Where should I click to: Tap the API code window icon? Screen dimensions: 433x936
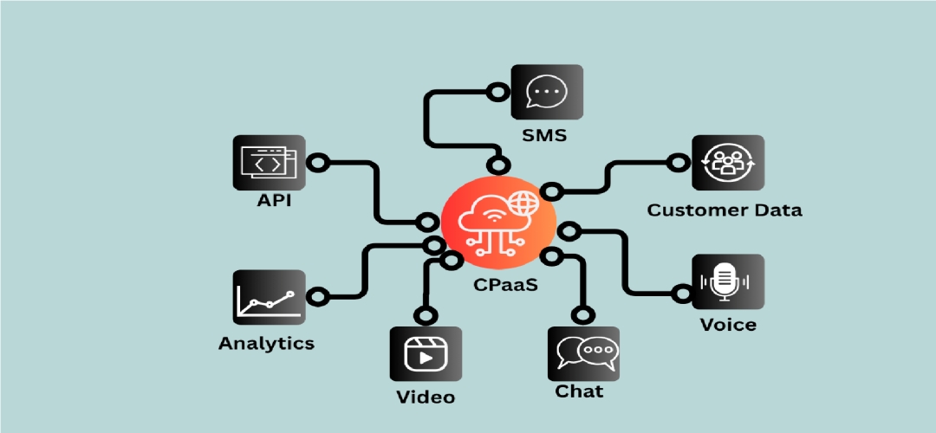coord(269,162)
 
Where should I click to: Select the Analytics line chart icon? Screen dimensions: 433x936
coord(269,297)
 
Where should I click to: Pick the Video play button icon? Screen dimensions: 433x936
coord(426,354)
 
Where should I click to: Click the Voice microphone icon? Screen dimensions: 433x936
coord(728,282)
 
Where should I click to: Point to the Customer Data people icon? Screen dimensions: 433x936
coord(728,162)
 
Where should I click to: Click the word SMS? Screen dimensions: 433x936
coord(543,135)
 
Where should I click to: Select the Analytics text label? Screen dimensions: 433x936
coord(266,343)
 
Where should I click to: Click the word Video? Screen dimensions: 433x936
coord(426,397)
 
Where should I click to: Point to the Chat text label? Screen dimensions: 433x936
coord(579,391)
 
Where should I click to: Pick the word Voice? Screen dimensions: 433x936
coord(728,325)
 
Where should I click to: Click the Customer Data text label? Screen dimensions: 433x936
coord(725,210)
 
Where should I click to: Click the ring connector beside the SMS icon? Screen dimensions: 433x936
coord(497,89)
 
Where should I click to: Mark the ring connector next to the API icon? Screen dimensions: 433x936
coord(318,162)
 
